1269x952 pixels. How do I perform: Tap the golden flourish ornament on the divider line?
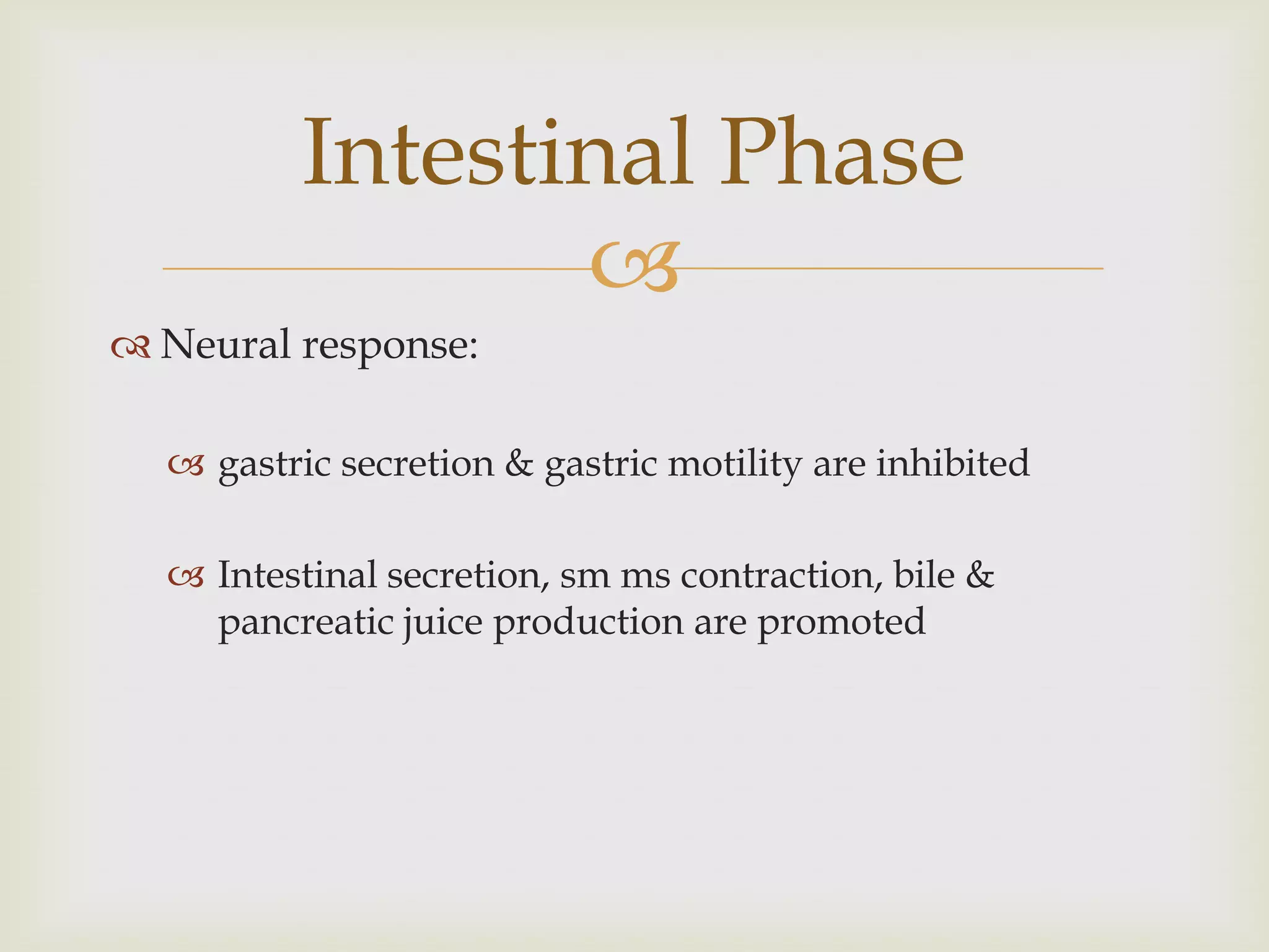[634, 267]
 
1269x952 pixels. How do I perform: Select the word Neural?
[225, 345]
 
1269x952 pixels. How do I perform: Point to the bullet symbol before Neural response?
[131, 348]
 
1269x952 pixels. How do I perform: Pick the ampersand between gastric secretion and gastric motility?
[519, 464]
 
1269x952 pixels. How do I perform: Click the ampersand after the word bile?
[980, 575]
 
